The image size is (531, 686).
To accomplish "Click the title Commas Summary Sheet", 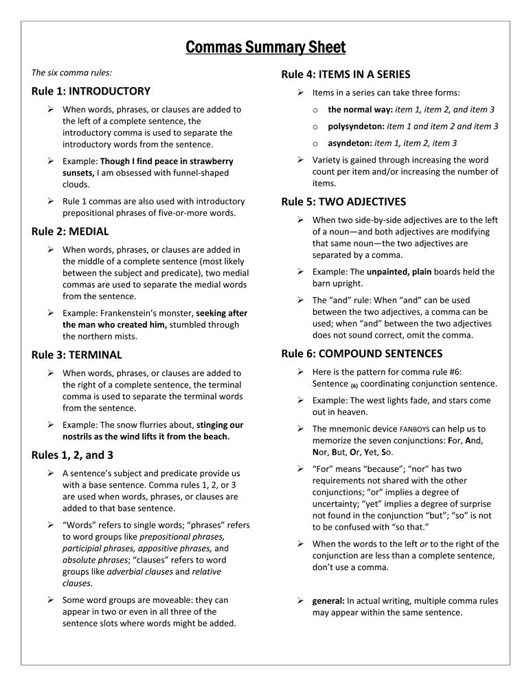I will (265, 47).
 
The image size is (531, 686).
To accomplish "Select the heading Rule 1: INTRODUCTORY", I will (91, 91).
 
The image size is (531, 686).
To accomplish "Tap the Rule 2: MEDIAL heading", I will (70, 231).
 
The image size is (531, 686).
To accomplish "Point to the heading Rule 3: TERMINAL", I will (77, 355).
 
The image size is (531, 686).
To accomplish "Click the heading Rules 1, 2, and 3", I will (73, 455).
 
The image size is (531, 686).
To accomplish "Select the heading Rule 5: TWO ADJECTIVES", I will (343, 202).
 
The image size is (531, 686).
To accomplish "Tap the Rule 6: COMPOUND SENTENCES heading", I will (362, 353).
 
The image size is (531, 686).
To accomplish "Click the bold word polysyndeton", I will (356, 126).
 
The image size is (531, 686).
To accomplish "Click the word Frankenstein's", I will (134, 313).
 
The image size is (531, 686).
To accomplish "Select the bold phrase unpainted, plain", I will (399, 272).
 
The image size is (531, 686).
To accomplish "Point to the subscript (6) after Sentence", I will (354, 385).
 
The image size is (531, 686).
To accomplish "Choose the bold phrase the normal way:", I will (356, 109).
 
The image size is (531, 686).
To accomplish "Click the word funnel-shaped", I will (199, 173).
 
